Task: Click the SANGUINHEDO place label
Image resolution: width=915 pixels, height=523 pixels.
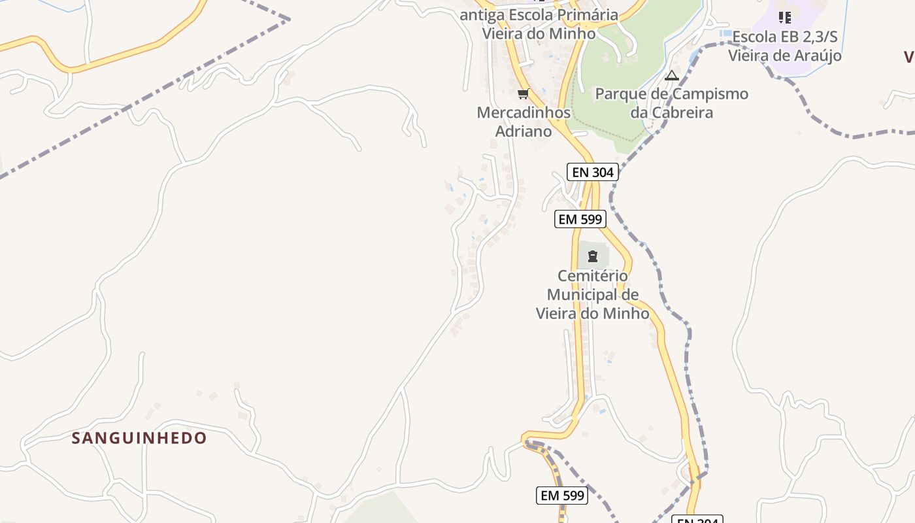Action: (139, 438)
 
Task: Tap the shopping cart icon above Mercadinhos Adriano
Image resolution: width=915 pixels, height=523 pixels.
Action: (523, 94)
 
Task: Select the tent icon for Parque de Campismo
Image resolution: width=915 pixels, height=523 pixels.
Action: (672, 75)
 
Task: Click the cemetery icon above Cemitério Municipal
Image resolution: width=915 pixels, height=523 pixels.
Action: (593, 256)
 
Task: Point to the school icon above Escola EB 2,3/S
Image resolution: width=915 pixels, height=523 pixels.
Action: (785, 18)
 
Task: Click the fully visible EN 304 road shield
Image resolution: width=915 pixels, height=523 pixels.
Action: (593, 172)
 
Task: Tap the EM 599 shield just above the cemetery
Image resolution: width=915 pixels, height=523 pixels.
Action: (580, 219)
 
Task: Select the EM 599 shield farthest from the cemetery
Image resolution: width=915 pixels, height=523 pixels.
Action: (562, 496)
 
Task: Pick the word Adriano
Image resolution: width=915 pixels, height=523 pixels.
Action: (524, 131)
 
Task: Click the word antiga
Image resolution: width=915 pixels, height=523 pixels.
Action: (480, 15)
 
